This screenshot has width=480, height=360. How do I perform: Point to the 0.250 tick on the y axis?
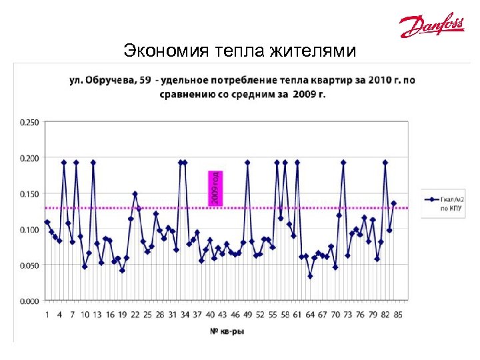(x=29, y=122)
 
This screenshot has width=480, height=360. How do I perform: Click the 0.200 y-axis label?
(x=29, y=158)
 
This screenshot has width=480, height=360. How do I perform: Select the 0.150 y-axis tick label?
(x=29, y=194)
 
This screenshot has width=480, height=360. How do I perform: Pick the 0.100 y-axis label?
(x=29, y=230)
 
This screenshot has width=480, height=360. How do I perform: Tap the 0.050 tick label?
(x=29, y=265)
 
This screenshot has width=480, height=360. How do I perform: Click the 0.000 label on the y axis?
(x=29, y=301)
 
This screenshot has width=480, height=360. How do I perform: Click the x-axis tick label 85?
(x=398, y=314)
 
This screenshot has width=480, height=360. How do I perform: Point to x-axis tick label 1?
(x=47, y=314)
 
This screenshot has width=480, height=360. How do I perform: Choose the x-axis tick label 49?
(x=247, y=314)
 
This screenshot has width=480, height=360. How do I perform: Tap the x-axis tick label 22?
(x=135, y=314)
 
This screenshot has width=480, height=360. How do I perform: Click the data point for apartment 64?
(x=310, y=276)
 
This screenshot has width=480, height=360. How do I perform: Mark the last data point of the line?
(x=394, y=203)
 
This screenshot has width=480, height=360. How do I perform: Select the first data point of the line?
(x=47, y=222)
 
